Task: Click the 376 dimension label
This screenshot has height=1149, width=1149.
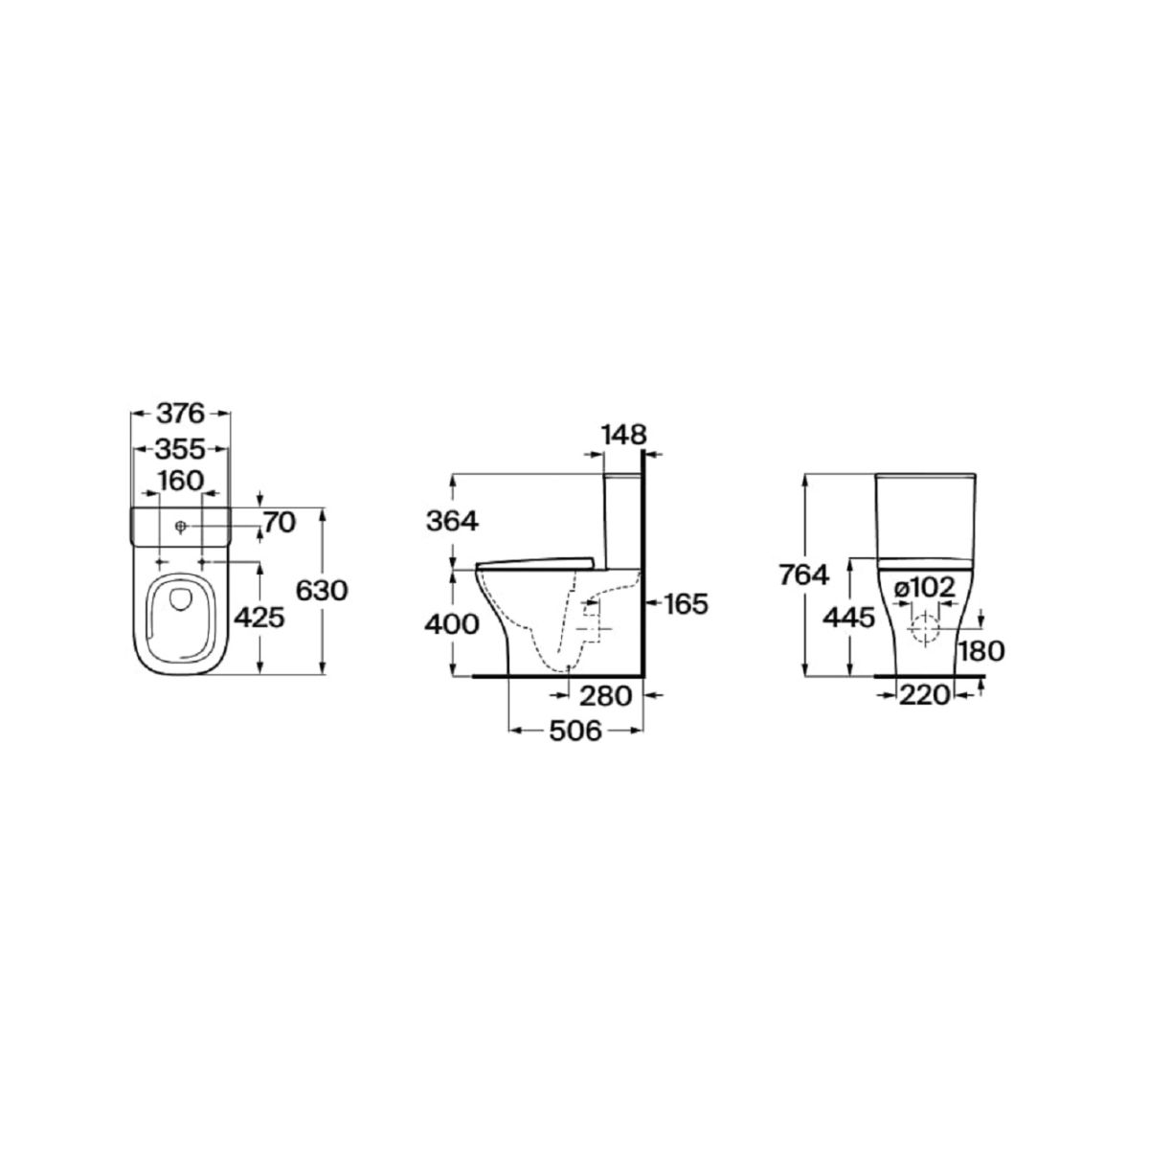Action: tap(181, 414)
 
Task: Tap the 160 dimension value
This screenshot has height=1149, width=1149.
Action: tap(181, 481)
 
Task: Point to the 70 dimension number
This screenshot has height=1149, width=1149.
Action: tap(280, 523)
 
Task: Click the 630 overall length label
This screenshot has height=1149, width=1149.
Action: tap(322, 591)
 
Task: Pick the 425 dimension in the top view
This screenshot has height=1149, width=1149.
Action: tap(259, 619)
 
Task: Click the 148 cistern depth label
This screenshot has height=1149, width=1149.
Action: tap(623, 435)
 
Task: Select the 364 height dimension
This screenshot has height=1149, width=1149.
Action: tap(453, 521)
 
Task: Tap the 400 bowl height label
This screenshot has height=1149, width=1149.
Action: tap(452, 624)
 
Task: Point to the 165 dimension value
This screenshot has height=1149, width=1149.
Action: tap(687, 604)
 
